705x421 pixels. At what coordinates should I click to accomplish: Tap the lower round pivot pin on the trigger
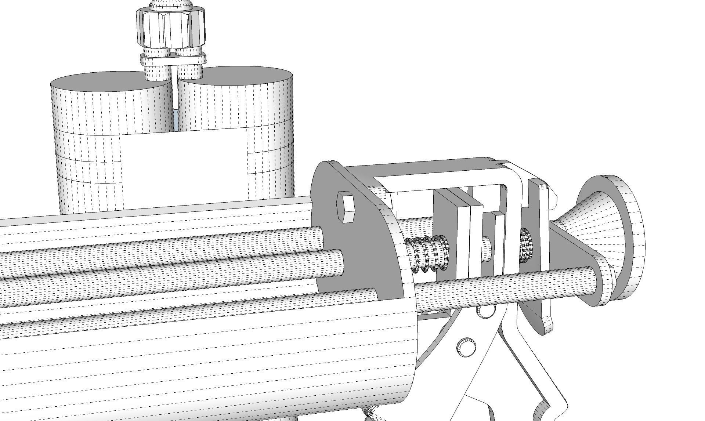click(466, 346)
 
